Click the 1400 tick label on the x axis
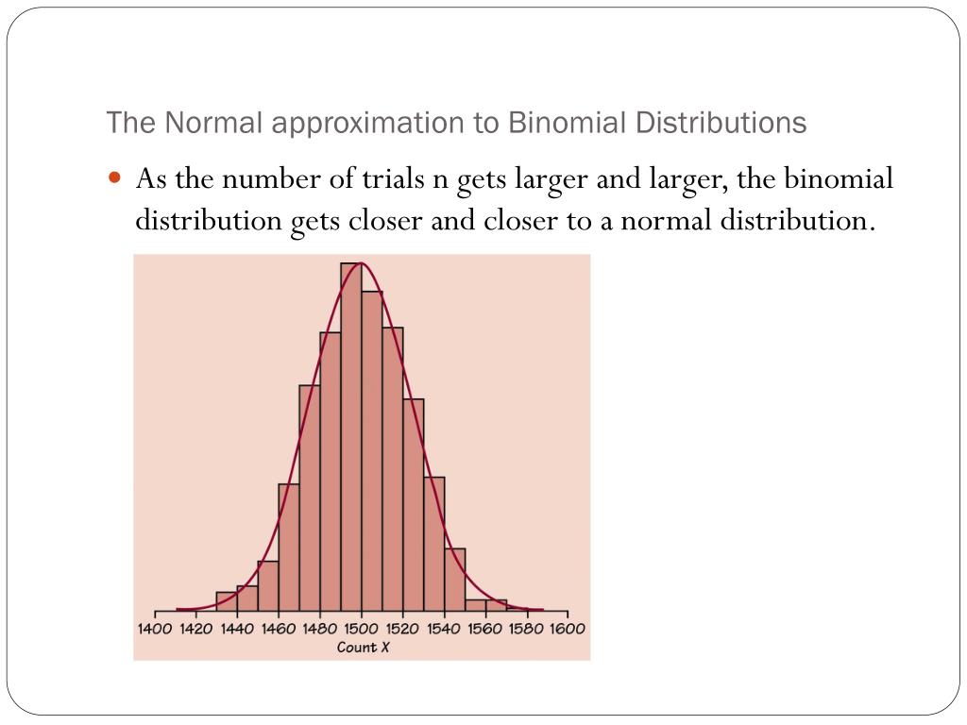click(x=154, y=629)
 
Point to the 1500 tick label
click(x=360, y=629)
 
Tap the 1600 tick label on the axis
click(x=567, y=629)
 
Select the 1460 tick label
click(x=278, y=629)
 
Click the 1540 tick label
click(x=443, y=629)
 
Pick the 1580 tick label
click(x=525, y=629)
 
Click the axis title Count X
click(x=363, y=647)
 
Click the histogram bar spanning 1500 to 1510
click(x=371, y=453)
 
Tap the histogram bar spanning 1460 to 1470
click(x=289, y=548)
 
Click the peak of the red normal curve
click(x=359, y=263)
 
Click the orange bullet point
click(x=115, y=177)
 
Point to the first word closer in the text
click(x=387, y=221)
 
